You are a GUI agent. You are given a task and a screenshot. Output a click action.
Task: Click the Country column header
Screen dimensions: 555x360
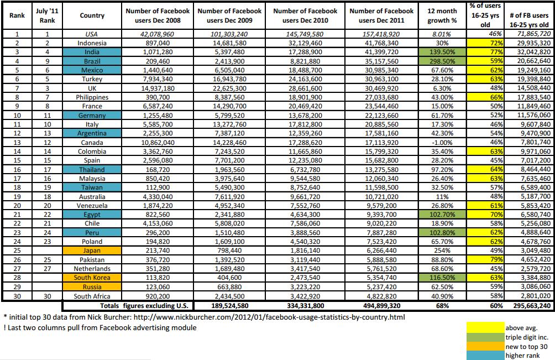coord(92,15)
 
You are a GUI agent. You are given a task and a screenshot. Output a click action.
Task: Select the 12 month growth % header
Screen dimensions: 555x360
coord(442,15)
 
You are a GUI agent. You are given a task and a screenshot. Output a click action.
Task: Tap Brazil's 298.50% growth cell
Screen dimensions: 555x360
coord(442,61)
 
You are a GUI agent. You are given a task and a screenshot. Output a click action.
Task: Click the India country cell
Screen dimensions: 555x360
coord(92,52)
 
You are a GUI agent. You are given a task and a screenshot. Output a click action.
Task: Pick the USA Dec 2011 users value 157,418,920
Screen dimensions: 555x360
coord(381,34)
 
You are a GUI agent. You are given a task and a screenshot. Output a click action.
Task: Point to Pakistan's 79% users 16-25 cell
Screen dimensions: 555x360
coord(485,259)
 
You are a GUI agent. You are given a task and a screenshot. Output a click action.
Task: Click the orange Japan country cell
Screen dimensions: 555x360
coord(92,251)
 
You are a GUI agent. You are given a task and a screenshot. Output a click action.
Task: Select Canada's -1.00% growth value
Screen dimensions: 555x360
coord(442,142)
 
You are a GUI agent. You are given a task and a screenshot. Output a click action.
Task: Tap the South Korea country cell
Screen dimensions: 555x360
coord(92,278)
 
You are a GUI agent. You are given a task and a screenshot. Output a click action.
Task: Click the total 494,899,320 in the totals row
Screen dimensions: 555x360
coord(381,306)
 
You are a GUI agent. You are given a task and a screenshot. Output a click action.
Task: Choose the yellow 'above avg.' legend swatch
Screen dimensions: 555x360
coord(485,327)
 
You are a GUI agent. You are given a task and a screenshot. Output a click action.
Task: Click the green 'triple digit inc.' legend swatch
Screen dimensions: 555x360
coord(485,337)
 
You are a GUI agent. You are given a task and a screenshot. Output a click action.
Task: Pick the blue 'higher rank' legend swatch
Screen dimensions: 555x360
coord(485,356)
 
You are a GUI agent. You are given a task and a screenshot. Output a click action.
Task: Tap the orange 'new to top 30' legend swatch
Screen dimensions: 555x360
coord(485,347)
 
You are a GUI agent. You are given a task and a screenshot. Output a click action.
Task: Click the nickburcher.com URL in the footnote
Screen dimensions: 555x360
coord(269,317)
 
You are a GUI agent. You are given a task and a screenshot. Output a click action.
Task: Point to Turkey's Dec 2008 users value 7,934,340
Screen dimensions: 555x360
coord(158,79)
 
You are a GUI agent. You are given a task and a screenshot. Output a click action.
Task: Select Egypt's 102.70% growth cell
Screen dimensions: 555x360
coord(442,215)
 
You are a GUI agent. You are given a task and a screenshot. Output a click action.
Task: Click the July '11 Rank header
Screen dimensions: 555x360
coord(47,15)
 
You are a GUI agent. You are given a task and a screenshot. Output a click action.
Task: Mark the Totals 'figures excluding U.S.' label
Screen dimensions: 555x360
coord(146,306)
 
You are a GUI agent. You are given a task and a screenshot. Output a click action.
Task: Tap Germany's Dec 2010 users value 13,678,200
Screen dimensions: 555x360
coord(305,116)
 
